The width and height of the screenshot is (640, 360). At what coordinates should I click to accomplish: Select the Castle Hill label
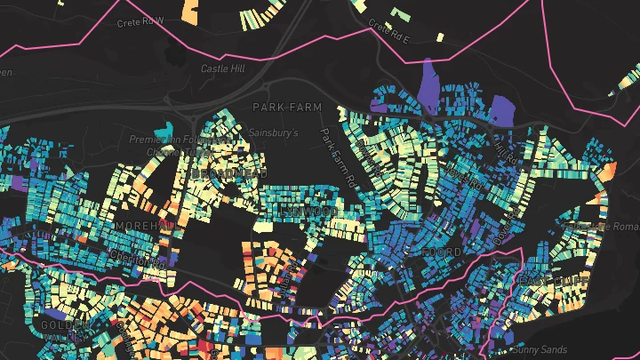[x=221, y=68]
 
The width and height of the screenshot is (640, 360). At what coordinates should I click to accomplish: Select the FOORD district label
[x=442, y=252]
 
